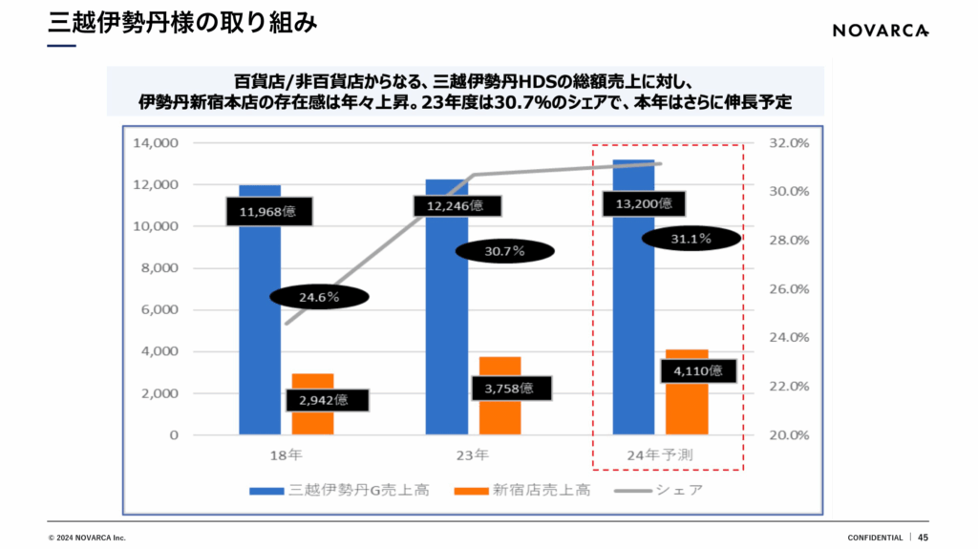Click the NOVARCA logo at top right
pyautogui.click(x=880, y=31)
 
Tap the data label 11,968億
pyautogui.click(x=267, y=211)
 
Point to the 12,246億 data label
pyautogui.click(x=455, y=205)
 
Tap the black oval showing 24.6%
pyautogui.click(x=319, y=297)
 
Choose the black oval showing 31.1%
pyautogui.click(x=691, y=239)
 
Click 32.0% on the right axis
pyautogui.click(x=789, y=143)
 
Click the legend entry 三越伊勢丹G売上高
pyautogui.click(x=339, y=491)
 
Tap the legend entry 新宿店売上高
pyautogui.click(x=522, y=491)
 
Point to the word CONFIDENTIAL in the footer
pyautogui.click(x=875, y=538)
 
